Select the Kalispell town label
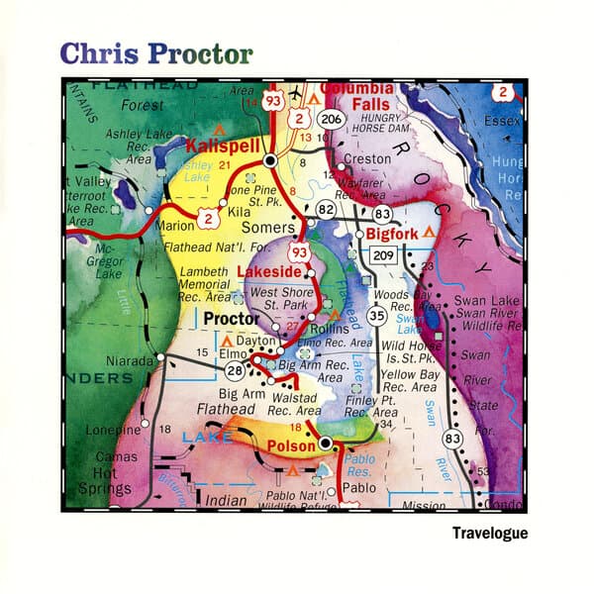[x=224, y=145]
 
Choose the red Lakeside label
[x=267, y=270]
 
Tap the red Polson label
[x=292, y=445]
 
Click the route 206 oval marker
[x=334, y=119]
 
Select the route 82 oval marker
[x=326, y=210]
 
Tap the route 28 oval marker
[x=235, y=369]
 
